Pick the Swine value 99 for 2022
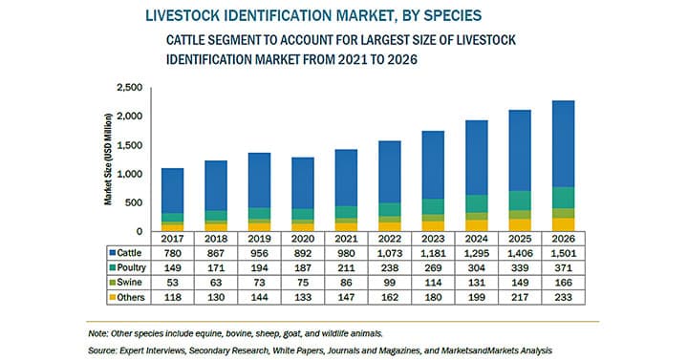[x=389, y=285]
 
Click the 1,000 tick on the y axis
[x=128, y=175]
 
